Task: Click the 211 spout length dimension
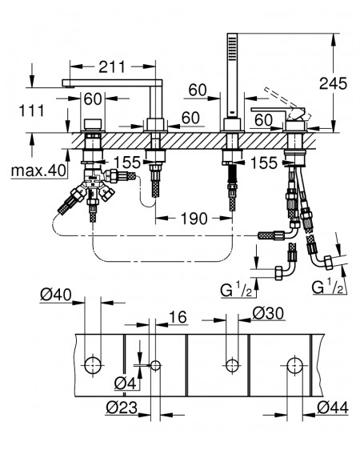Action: (x=112, y=67)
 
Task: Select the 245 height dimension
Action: (x=333, y=84)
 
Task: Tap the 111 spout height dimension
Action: (x=31, y=110)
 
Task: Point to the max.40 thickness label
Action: (x=38, y=171)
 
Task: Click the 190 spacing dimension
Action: (x=194, y=219)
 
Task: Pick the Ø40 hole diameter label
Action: (x=55, y=295)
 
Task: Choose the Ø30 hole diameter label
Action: (x=268, y=313)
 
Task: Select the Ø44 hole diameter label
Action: (x=333, y=408)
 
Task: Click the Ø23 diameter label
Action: (x=122, y=408)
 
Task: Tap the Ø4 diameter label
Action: (x=125, y=384)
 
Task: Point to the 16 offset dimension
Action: (x=178, y=317)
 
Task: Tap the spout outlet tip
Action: (x=68, y=85)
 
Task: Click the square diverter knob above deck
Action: (x=92, y=124)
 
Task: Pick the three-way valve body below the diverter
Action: (x=92, y=183)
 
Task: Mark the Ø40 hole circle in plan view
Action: (x=93, y=365)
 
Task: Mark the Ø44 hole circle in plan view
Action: (x=295, y=365)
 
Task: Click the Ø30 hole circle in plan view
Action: (x=232, y=365)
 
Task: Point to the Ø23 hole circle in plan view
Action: (x=156, y=365)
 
